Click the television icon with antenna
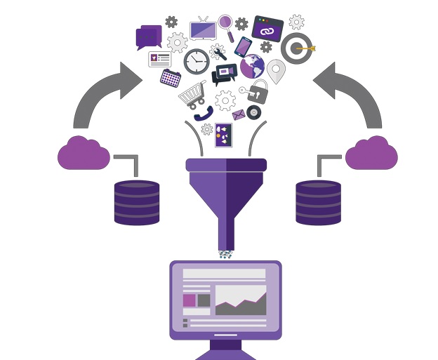(x=203, y=30)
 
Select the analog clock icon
(x=197, y=61)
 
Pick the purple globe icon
(x=252, y=66)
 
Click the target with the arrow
(x=297, y=48)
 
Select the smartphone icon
(x=243, y=46)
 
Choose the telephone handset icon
(x=204, y=114)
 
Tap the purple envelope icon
(x=239, y=115)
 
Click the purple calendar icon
(x=171, y=78)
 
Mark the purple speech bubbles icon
(x=150, y=36)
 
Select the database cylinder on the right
(x=318, y=202)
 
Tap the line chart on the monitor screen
(x=240, y=301)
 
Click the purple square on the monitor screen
(x=189, y=300)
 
